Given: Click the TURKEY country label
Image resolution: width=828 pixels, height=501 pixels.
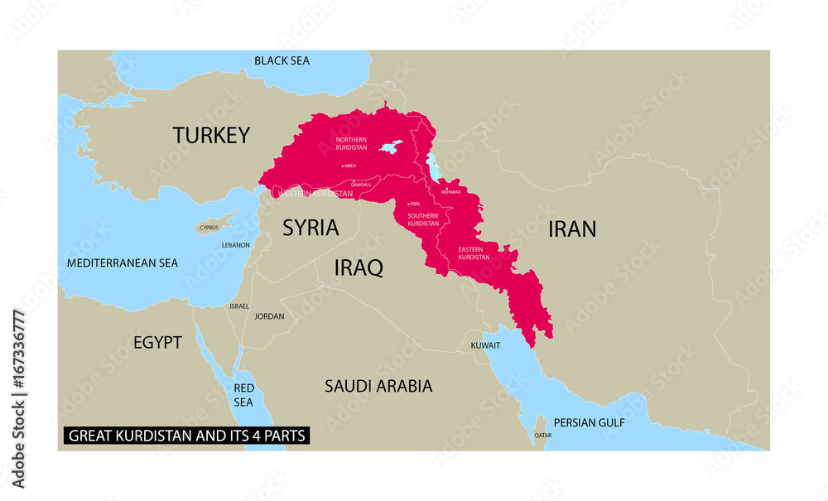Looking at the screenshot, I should click(x=210, y=135).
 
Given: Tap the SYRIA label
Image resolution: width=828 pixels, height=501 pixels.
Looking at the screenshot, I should click(x=310, y=228).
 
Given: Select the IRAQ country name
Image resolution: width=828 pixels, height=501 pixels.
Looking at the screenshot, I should click(x=358, y=267).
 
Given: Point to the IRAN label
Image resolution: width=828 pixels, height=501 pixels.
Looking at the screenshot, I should click(x=572, y=229).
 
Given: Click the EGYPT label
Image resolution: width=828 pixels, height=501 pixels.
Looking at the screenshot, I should click(x=157, y=342).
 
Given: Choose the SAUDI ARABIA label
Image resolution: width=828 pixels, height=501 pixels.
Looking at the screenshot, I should click(x=378, y=386).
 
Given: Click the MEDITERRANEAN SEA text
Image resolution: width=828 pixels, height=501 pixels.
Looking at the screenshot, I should click(x=123, y=263).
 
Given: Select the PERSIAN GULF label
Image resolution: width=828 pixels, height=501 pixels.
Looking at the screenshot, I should click(x=589, y=422).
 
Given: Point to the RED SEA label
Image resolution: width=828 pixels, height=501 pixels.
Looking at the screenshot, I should click(x=243, y=395).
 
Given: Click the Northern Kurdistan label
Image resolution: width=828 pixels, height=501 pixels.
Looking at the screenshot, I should click(x=351, y=143).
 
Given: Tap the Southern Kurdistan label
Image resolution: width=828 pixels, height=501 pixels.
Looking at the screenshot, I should click(x=422, y=219).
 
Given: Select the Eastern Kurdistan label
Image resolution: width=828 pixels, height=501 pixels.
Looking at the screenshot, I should click(x=474, y=253).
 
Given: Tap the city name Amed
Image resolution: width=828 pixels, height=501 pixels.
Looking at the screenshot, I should click(x=349, y=166).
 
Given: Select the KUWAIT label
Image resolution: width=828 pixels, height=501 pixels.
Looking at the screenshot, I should click(x=485, y=344).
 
